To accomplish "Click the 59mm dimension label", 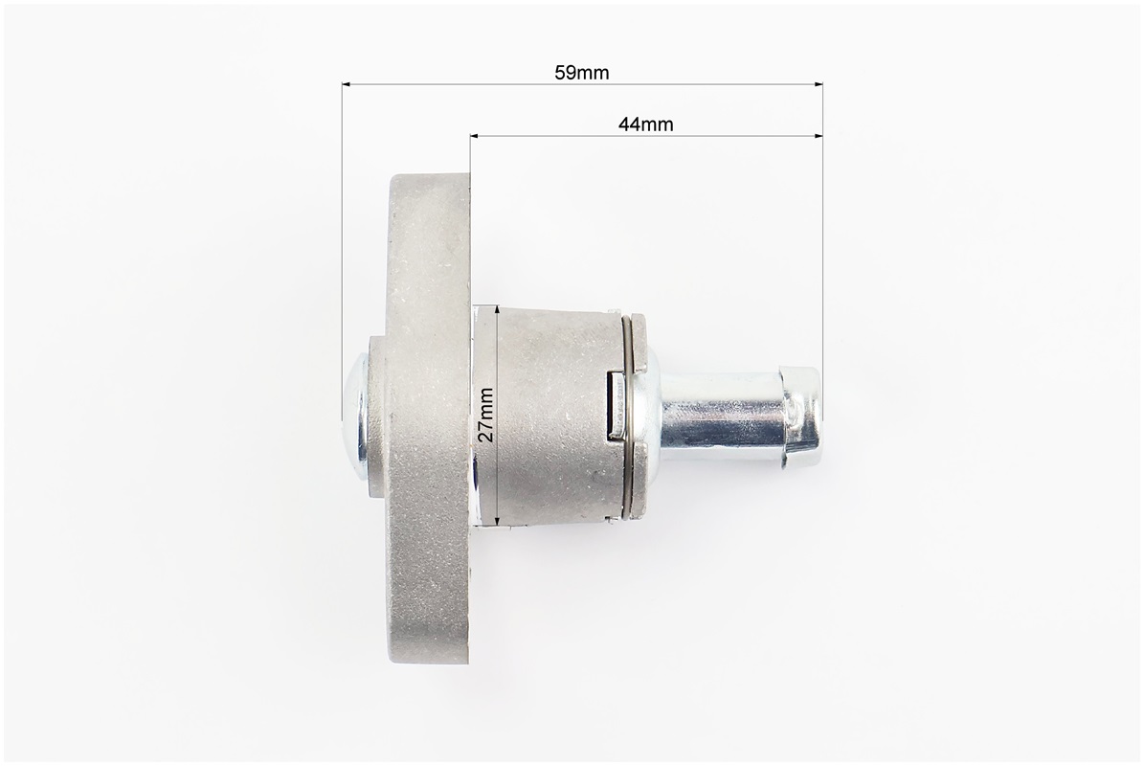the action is [581, 72].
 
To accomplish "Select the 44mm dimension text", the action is [645, 124].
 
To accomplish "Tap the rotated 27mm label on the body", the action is [486, 415].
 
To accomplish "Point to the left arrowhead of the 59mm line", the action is [348, 84].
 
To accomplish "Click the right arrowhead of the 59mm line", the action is [818, 84].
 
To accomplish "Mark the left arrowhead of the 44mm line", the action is [476, 135].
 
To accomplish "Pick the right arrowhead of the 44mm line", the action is [818, 135].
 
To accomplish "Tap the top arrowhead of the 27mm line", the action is [497, 312].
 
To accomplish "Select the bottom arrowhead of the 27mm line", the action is [497, 519].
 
